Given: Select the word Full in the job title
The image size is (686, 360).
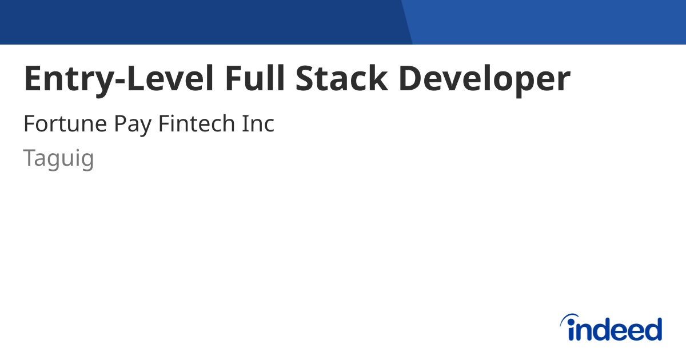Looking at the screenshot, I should click(255, 79).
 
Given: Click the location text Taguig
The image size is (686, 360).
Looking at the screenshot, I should click(58, 158).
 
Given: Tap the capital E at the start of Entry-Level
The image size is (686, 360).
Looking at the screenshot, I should click(33, 79).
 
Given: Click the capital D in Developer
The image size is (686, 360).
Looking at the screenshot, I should click(412, 79).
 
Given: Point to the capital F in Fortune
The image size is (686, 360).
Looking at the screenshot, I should click(29, 124).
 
